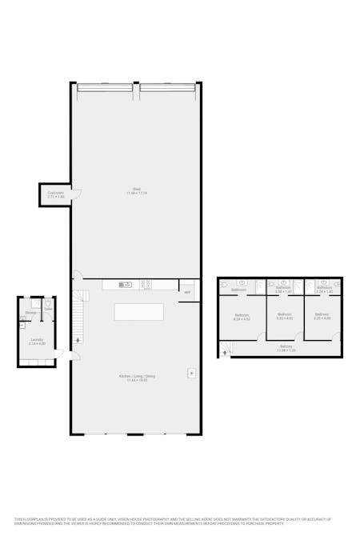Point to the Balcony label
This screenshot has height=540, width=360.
coord(286,346)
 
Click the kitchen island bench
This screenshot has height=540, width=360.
coord(138,311)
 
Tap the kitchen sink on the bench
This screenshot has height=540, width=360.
coord(126,284)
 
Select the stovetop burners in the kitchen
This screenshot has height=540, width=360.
coord(146,284)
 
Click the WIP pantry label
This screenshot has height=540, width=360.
coord(187,292)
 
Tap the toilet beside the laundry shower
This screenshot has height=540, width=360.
coord(48,305)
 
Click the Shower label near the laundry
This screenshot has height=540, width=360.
coord(30,312)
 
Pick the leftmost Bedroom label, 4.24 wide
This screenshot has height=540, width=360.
coord(242,317)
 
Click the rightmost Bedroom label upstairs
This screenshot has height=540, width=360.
coord(322,315)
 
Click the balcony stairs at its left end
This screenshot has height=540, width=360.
coord(226,349)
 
